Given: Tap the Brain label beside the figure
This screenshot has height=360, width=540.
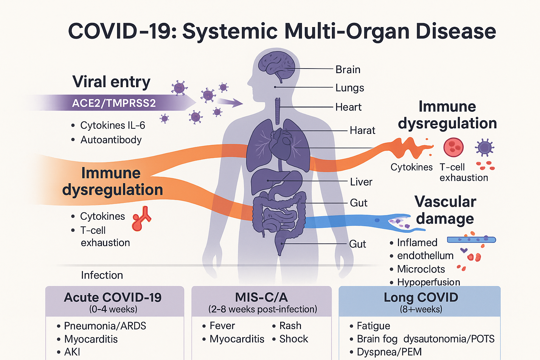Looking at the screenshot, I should [x=348, y=70].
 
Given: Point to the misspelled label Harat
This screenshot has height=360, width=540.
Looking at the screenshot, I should [x=362, y=130].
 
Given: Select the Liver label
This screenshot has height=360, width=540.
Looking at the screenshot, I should [x=361, y=182].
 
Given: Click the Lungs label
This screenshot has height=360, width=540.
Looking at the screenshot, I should [x=349, y=88].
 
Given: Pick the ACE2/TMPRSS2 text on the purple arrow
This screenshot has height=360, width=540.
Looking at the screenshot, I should [x=114, y=103].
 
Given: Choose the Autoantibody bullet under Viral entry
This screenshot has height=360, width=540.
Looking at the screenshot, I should [x=111, y=140].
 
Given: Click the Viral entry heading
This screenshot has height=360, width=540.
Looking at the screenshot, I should [x=111, y=82].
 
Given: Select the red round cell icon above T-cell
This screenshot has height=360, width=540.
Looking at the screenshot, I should [x=453, y=147].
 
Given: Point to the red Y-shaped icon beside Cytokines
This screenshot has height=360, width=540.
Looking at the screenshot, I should [x=141, y=219].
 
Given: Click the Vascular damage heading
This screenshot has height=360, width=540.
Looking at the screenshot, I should [x=445, y=210].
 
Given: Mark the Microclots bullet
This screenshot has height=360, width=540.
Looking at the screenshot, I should [x=421, y=269].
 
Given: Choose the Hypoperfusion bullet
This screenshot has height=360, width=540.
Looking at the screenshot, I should [x=428, y=282].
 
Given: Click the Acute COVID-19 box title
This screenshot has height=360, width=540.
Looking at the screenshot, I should [x=112, y=297].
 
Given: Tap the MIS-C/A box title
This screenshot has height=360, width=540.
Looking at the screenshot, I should [x=261, y=297].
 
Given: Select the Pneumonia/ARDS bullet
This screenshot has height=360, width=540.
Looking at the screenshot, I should [x=105, y=326].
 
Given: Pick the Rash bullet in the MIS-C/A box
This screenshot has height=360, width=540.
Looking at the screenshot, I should [x=290, y=326].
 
